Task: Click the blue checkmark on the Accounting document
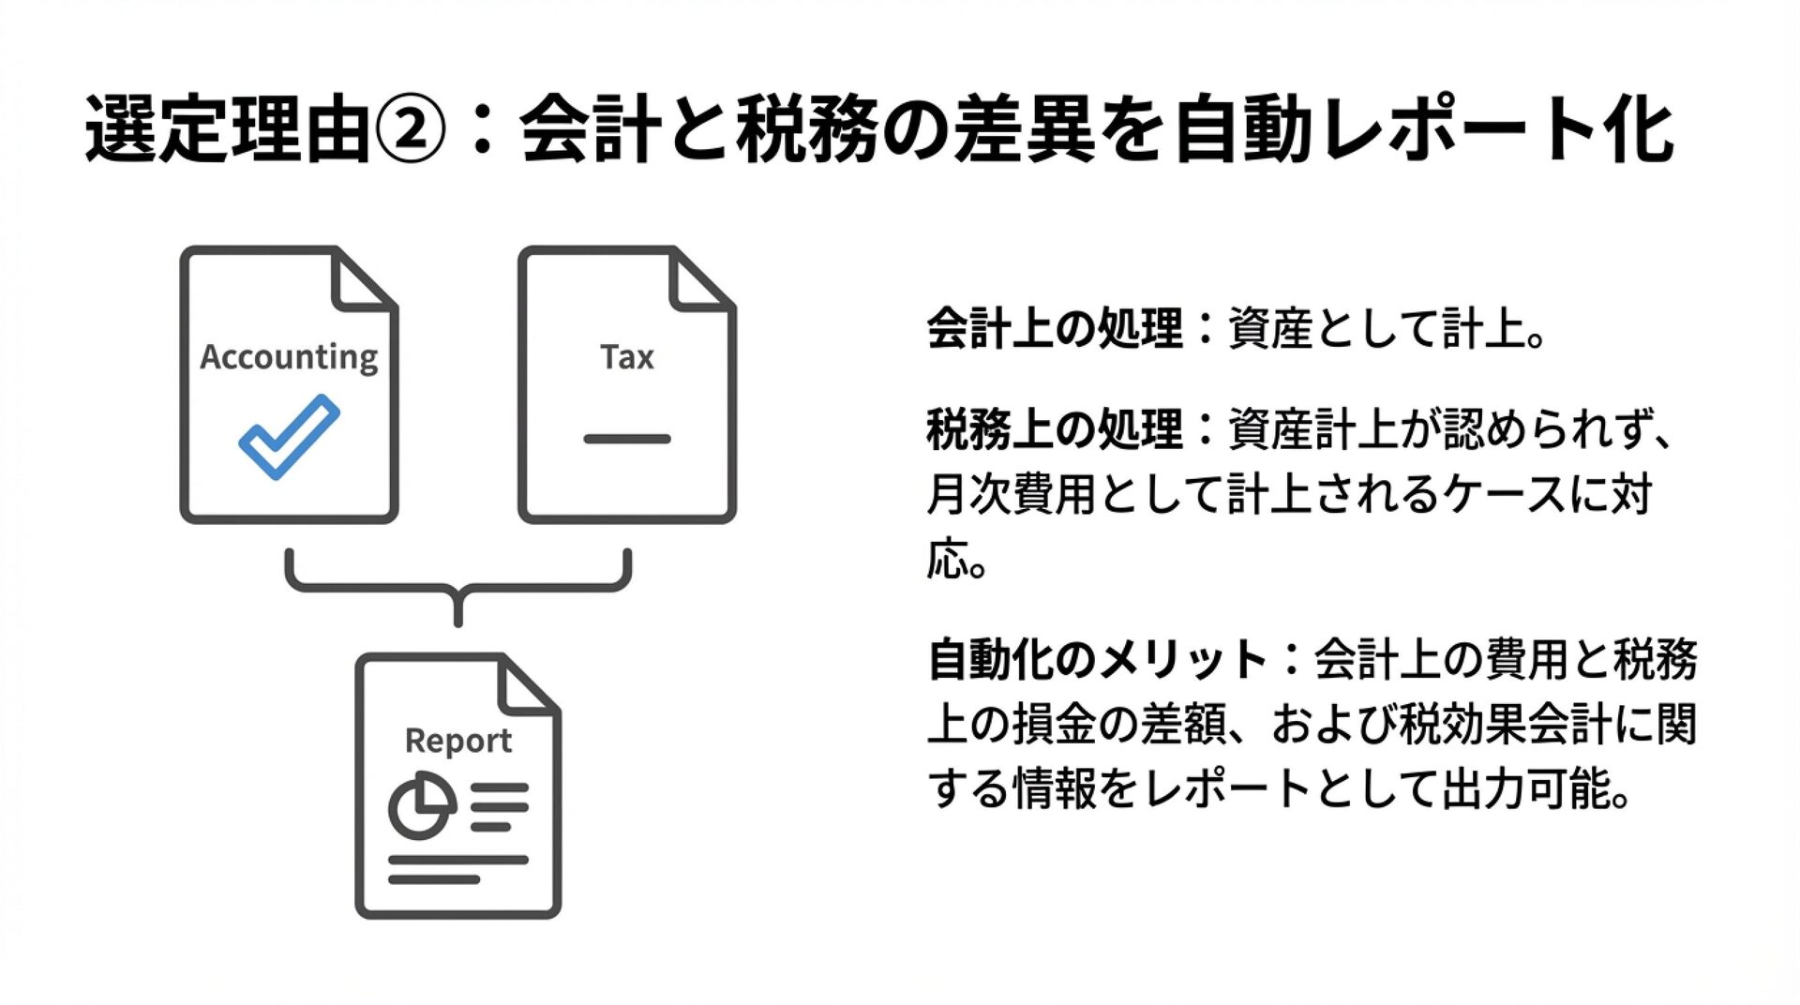(x=289, y=437)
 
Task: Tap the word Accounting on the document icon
(x=289, y=357)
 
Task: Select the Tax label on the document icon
(x=627, y=357)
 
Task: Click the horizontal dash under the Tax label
(x=627, y=439)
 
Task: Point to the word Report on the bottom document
(x=458, y=741)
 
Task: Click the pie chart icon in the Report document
(x=421, y=804)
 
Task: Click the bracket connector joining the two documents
(x=458, y=588)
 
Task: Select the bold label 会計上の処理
(x=1055, y=329)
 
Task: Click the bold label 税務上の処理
(x=1055, y=429)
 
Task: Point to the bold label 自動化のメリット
(x=1098, y=659)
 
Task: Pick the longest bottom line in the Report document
(x=458, y=859)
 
